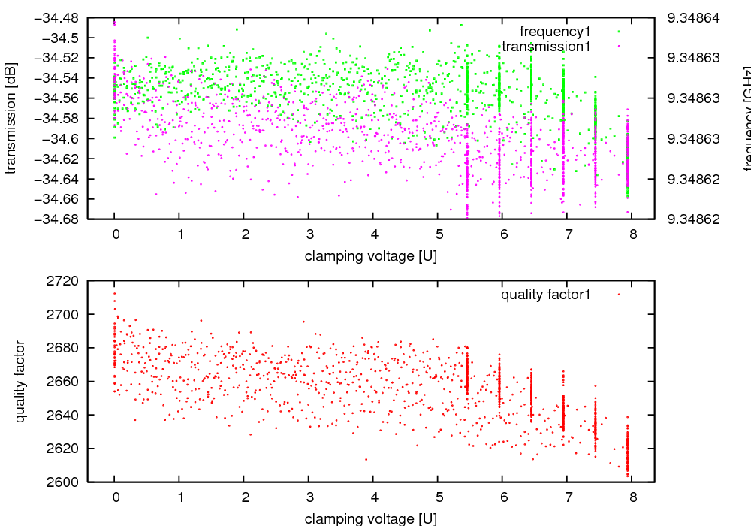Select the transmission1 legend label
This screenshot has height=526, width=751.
point(546,47)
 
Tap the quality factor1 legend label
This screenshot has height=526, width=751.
point(546,295)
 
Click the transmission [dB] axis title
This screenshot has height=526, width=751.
point(11,118)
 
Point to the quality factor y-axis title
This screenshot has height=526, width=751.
point(20,381)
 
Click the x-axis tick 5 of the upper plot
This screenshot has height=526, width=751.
point(439,234)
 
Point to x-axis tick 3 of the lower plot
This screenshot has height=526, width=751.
point(309,497)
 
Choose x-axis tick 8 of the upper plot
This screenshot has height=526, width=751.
point(633,234)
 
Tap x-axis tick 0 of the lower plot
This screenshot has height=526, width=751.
point(114,497)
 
